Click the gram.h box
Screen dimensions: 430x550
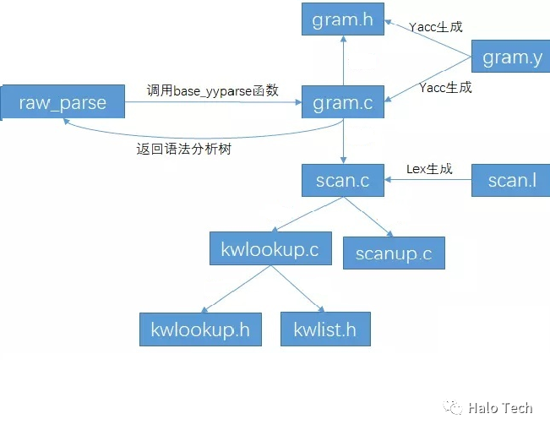click(342, 19)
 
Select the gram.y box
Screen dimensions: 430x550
click(509, 57)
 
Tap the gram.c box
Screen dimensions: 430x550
click(342, 102)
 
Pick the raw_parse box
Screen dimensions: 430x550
click(63, 103)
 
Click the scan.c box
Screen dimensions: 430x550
click(342, 180)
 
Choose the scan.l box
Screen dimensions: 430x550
click(511, 180)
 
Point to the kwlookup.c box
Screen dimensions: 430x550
click(270, 249)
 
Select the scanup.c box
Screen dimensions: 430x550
click(393, 253)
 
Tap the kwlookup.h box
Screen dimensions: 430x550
click(201, 329)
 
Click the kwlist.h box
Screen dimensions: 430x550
click(324, 329)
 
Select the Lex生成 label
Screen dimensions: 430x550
click(429, 169)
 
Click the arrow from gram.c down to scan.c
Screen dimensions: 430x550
click(342, 141)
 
